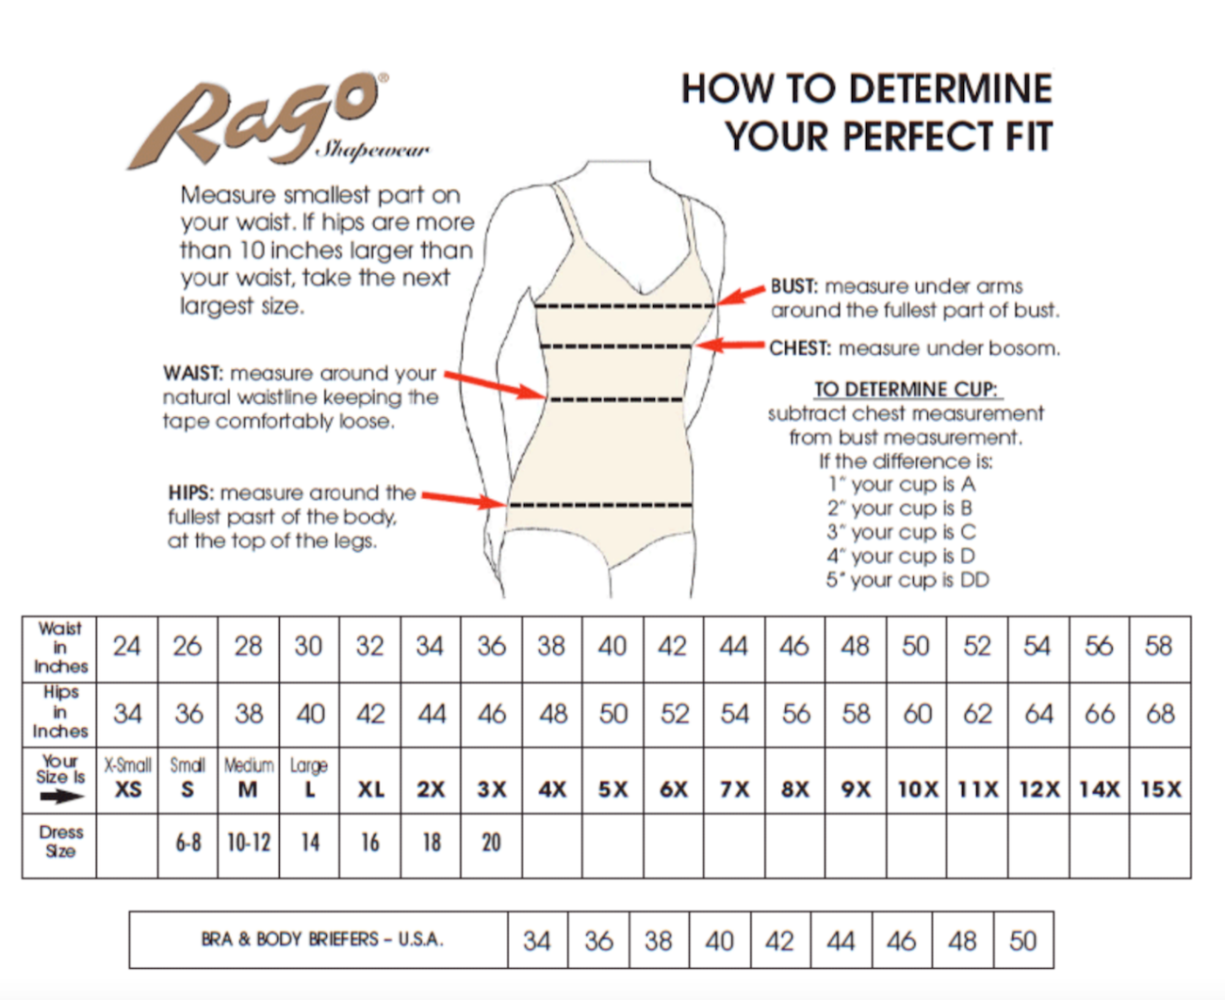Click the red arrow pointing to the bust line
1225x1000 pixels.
pos(742,295)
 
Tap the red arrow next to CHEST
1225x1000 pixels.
pos(729,346)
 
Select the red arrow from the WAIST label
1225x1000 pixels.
pos(496,385)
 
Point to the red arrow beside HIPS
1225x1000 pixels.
pos(465,500)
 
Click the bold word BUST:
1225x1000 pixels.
pos(794,286)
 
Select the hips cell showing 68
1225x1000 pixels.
pos(1160,715)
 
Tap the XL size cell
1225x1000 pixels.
pos(370,781)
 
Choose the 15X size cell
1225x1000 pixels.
pos(1160,781)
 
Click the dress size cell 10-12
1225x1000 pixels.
pos(249,846)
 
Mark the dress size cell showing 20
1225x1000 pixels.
pos(491,846)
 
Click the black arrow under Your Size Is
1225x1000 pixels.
pos(62,797)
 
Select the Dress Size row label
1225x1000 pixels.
pos(60,842)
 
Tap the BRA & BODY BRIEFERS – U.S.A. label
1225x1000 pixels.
pos(321,939)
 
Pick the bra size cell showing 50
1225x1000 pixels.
pos(1022,940)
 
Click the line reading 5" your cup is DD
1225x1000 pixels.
pos(907,580)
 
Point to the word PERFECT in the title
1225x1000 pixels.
pos(917,137)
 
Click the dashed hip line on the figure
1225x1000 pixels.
pos(601,505)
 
